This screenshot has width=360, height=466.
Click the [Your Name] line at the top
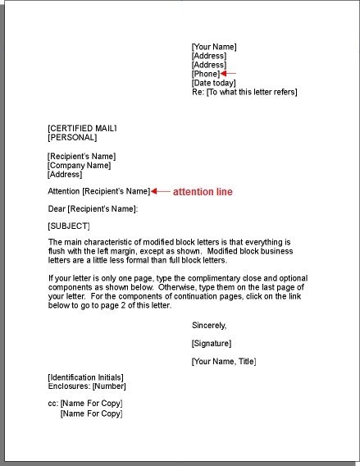213,47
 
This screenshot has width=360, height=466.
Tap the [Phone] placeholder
206,74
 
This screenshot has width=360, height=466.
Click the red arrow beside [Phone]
229,74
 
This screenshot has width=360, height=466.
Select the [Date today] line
213,83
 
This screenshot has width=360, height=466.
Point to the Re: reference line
244,92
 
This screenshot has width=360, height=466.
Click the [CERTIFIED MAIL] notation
83,129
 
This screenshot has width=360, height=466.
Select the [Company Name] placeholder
79,165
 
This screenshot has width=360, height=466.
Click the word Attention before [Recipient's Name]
64,191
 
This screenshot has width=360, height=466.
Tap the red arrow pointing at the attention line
160,191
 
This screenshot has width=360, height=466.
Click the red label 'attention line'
203,191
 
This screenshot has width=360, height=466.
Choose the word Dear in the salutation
57,208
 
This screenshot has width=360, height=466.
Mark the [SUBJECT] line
69,226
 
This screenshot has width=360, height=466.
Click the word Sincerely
209,325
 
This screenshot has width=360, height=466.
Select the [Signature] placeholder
212,343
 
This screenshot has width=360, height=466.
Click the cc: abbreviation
53,404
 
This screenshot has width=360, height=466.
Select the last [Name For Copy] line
91,413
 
